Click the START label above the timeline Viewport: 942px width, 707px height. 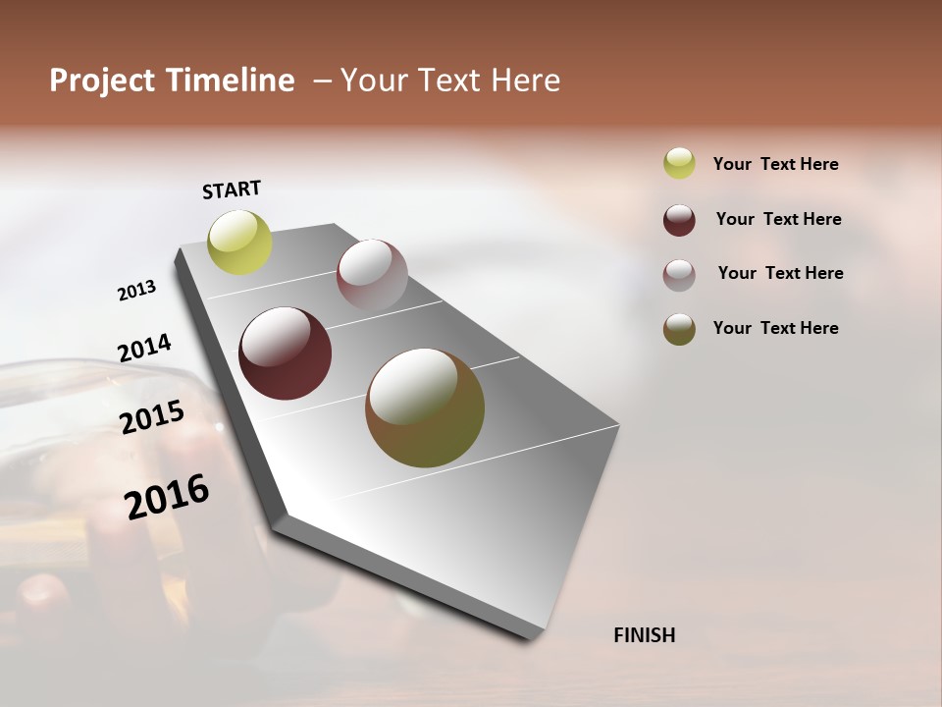tap(232, 190)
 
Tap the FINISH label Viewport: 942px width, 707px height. tap(644, 635)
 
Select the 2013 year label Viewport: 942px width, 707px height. tap(136, 291)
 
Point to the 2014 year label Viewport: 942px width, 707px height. tap(144, 348)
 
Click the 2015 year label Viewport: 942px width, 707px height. tap(152, 416)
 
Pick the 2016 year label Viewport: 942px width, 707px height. tap(167, 497)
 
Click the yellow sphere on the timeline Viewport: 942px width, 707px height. tap(239, 243)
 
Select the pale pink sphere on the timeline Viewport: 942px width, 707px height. tap(372, 275)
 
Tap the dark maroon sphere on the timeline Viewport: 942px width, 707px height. tap(285, 353)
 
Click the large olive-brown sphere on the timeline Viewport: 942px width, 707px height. tap(425, 408)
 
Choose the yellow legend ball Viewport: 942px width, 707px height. tap(679, 163)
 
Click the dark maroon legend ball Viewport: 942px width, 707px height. tap(679, 220)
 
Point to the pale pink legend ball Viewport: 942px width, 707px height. tap(679, 275)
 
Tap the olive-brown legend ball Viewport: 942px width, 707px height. tap(679, 329)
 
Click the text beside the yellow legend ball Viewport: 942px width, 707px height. tap(775, 164)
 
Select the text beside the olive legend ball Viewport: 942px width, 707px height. tap(775, 328)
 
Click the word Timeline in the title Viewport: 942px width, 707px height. tap(229, 81)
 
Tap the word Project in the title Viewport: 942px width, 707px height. tap(103, 81)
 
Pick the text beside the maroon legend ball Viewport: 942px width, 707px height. tap(778, 219)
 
